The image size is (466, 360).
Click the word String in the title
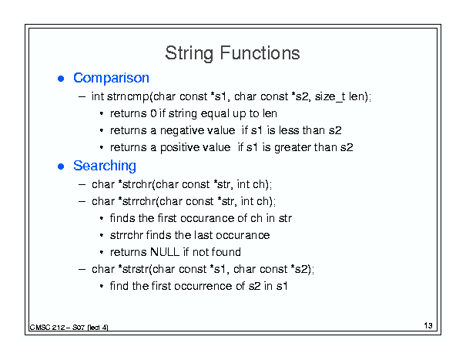coord(189,54)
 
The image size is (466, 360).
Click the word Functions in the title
coord(260,53)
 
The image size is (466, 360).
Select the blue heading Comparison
coord(111,79)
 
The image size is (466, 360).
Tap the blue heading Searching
coord(105,166)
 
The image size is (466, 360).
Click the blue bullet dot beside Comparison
coord(61,79)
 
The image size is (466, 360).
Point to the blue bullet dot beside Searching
coord(61,167)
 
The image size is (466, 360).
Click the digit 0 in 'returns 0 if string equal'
coord(153,113)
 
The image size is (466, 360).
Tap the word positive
coord(178,148)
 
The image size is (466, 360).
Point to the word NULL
coord(165,252)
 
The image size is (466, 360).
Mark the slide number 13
coord(428,325)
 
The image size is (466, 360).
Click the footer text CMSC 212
coord(47,328)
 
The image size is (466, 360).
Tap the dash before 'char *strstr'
coord(82,269)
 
